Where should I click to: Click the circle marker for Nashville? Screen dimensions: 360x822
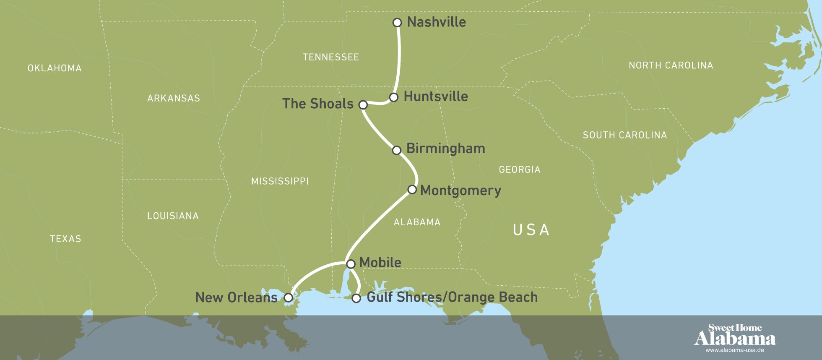pos(397,23)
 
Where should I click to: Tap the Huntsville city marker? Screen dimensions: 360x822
pos(393,97)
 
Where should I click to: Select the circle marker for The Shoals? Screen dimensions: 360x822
pos(363,104)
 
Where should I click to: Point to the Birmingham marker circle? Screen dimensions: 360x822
pos(396,150)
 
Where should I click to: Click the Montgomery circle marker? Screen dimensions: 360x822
pos(412,190)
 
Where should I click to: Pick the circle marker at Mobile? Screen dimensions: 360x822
pos(351,263)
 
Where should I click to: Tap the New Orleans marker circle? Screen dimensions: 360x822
pos(288,297)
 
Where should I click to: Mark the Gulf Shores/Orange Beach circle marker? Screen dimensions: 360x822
pos(356,298)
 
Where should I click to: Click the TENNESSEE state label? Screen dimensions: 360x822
pos(331,57)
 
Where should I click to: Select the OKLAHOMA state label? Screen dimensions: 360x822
pos(55,68)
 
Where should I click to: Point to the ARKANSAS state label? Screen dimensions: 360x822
pos(174,98)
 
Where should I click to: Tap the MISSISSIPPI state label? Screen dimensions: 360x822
pos(280,181)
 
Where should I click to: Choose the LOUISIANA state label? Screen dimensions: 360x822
pos(173,216)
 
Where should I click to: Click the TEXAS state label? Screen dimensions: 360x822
pos(65,239)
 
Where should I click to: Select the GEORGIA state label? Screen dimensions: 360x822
pos(519,170)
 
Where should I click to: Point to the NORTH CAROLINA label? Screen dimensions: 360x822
pos(671,65)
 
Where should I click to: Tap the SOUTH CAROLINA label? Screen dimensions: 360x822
pos(624,135)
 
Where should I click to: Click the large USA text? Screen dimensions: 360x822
pos(531,230)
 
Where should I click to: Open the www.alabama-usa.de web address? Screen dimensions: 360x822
pos(734,350)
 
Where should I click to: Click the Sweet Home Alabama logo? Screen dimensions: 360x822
pos(734,336)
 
